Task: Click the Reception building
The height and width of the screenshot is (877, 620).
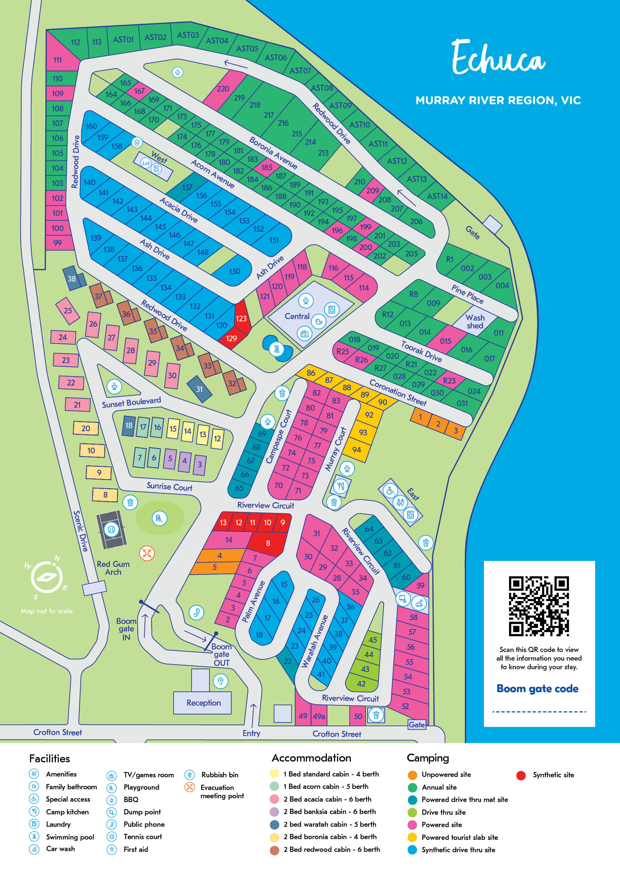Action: point(203,703)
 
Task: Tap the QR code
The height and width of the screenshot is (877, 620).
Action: point(539,606)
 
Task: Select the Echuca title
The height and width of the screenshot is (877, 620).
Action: point(498,57)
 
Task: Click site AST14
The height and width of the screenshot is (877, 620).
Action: point(437,196)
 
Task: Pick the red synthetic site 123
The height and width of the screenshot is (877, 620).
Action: point(241,318)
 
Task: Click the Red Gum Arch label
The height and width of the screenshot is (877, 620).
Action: point(113,568)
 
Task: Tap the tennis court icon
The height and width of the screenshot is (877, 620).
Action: point(111,530)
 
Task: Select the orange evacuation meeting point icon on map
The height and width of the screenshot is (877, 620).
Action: point(147,553)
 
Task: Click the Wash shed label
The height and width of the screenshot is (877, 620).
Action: point(475,322)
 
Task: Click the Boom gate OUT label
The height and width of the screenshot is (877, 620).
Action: point(222,655)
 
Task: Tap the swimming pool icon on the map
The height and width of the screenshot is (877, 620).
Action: point(277,348)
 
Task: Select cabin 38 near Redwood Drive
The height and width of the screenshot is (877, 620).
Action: point(72,279)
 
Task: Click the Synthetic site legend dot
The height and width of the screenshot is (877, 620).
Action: point(521,775)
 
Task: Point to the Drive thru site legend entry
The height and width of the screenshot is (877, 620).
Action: point(443,812)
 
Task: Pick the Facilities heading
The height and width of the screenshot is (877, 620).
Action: point(49,759)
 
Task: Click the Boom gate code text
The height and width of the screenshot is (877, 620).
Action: point(537,689)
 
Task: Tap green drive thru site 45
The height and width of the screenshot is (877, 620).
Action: point(373,640)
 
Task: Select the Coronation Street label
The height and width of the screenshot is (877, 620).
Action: point(398,393)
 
